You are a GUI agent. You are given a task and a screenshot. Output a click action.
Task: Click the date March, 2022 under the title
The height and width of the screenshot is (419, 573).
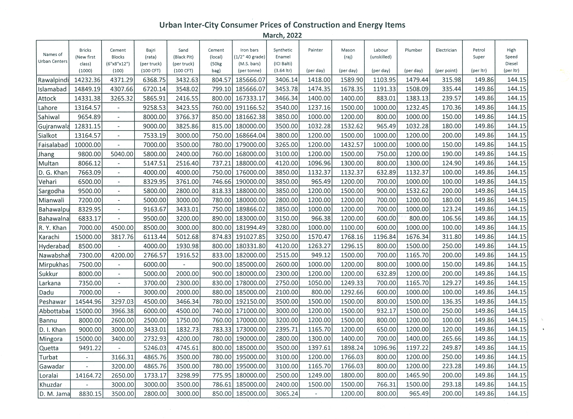coord(282,35)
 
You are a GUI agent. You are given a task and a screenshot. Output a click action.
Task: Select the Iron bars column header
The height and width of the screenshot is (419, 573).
coord(249,60)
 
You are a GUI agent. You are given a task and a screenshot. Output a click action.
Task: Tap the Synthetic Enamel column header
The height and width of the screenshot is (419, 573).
coord(283,60)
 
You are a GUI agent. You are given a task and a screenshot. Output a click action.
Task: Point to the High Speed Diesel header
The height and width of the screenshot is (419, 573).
coord(511,60)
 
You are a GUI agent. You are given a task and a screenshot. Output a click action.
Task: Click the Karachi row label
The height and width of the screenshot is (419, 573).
coord(49,237)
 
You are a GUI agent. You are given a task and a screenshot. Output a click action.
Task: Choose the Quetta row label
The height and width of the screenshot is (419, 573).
coord(49,348)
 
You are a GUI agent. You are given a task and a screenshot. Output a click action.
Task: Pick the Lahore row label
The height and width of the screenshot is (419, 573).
coord(48,108)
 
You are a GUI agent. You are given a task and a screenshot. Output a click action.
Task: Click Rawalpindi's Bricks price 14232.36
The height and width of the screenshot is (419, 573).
coord(87,80)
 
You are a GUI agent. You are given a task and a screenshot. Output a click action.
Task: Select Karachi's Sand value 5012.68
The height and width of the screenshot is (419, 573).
coord(187,237)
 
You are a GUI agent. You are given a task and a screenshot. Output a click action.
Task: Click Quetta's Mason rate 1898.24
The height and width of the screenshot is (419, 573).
coord(352,348)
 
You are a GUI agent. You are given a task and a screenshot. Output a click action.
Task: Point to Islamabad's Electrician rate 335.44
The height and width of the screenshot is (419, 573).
coord(452,89)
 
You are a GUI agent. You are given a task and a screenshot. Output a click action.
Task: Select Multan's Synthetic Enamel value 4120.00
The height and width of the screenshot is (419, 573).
coord(287,163)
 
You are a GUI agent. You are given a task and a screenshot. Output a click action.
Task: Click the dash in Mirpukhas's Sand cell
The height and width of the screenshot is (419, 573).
coord(184,265)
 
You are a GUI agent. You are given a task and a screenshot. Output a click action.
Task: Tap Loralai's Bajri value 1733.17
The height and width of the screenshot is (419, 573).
coord(155,375)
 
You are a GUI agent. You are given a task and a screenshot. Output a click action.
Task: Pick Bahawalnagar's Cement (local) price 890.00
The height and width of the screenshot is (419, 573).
coord(222,218)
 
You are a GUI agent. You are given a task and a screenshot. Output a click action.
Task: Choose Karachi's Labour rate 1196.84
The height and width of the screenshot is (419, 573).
coord(384,237)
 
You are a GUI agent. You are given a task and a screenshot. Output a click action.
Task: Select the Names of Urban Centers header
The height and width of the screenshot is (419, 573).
coord(53,58)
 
